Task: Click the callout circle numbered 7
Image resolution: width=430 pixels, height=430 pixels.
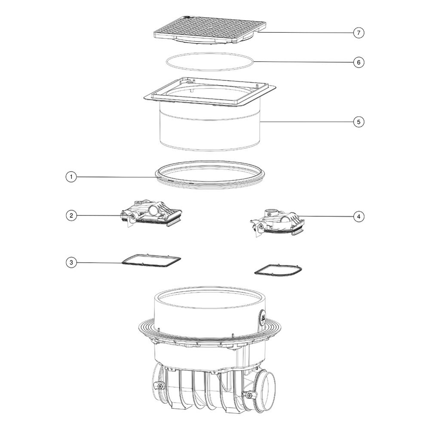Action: click(359, 33)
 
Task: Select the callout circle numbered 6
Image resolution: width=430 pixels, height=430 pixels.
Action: click(359, 62)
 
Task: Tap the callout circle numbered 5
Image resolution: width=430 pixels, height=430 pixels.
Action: click(359, 122)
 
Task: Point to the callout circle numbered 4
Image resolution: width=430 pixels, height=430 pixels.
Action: click(359, 217)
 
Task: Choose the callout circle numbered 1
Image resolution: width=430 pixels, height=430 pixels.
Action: click(71, 177)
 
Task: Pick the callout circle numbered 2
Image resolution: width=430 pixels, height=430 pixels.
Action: click(71, 215)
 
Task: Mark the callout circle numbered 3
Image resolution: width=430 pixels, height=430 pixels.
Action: click(71, 262)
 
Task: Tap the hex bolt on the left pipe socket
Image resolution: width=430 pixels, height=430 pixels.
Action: click(159, 386)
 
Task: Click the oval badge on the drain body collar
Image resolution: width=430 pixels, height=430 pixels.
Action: click(262, 319)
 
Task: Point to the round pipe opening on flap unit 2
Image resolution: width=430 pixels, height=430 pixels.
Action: click(153, 211)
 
